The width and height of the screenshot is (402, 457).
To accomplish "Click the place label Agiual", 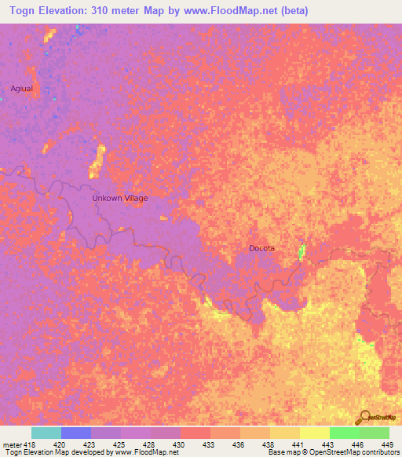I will (21, 88).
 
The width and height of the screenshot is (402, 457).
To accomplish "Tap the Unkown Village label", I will (119, 198).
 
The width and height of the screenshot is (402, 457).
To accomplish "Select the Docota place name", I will (262, 248).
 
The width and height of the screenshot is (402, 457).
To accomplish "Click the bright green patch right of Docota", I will (302, 251).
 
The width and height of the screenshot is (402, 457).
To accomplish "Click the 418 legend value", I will (30, 444).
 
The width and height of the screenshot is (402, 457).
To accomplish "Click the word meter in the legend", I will (11, 444).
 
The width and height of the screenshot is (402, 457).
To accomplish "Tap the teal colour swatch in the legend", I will (46, 433).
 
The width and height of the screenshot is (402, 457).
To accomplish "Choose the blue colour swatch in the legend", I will (75, 433).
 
